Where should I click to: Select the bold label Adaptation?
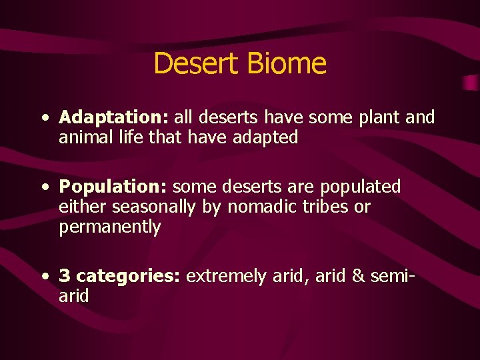pyautogui.click(x=113, y=118)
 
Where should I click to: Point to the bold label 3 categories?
pyautogui.click(x=119, y=276)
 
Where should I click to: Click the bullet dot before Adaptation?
pyautogui.click(x=43, y=119)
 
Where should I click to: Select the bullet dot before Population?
pyautogui.click(x=43, y=187)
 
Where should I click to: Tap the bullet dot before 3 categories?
pyautogui.click(x=43, y=277)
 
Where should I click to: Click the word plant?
pyautogui.click(x=379, y=119)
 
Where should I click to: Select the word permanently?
pyautogui.click(x=110, y=227)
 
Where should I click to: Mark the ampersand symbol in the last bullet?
pyautogui.click(x=359, y=276)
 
